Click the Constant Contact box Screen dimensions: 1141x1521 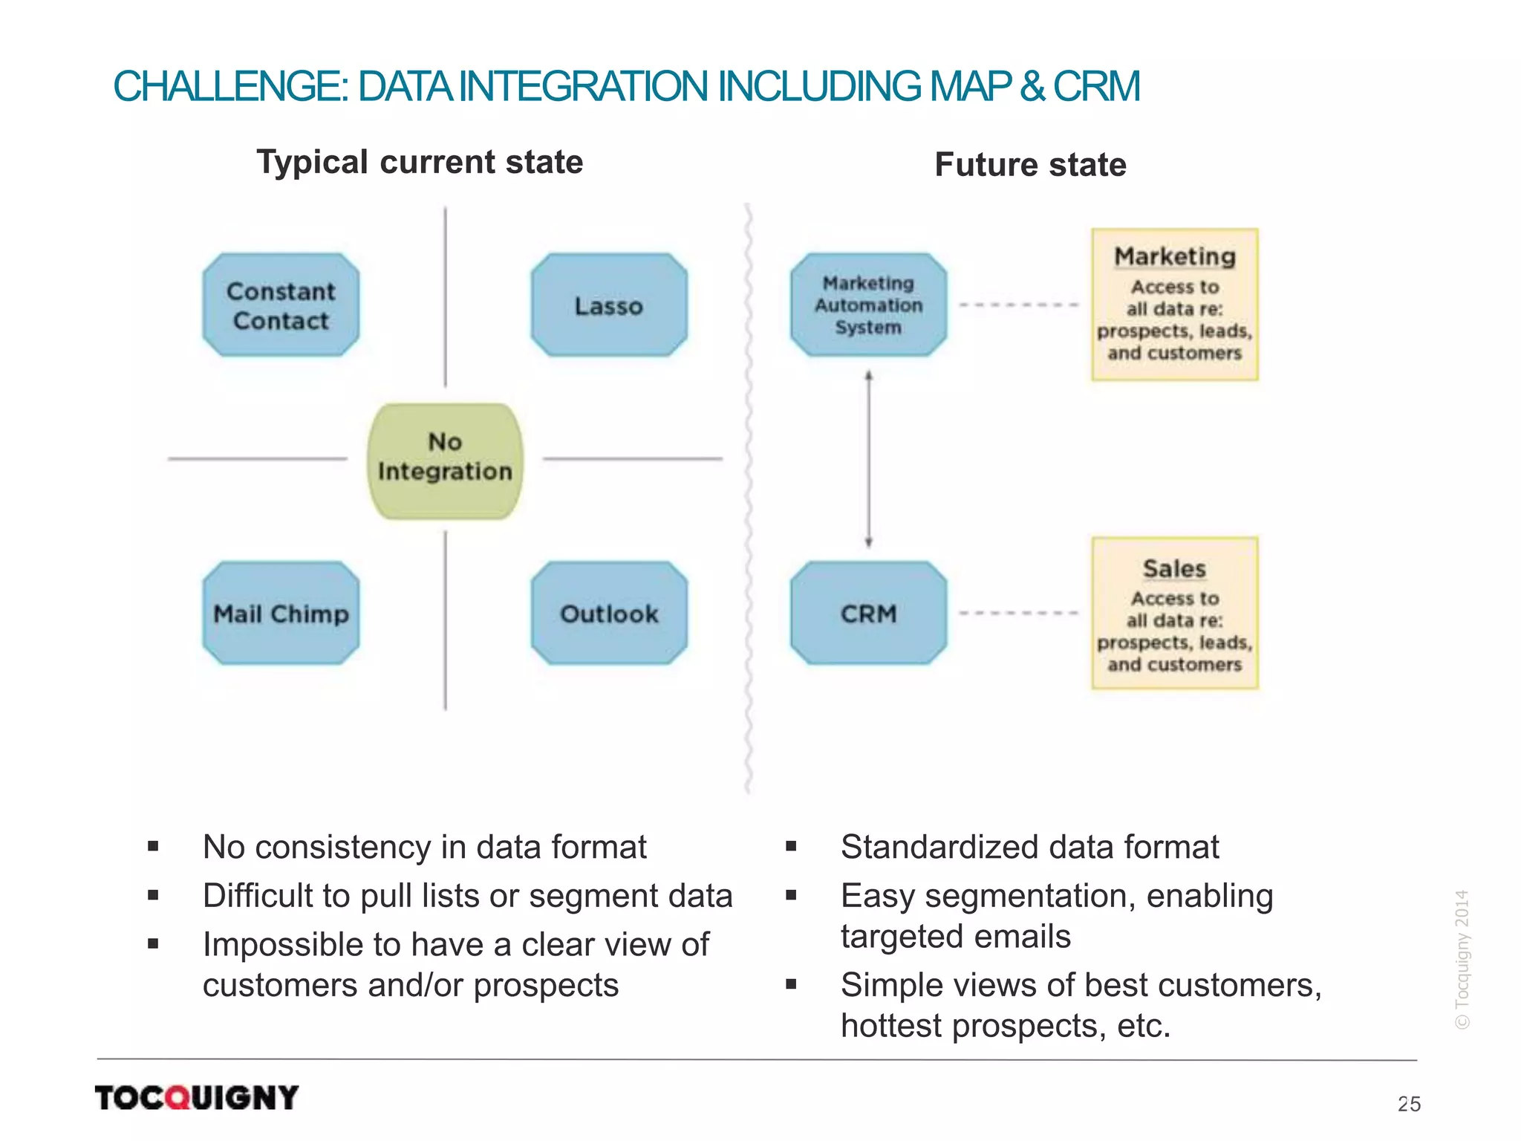(x=281, y=305)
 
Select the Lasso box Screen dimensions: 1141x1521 (x=609, y=305)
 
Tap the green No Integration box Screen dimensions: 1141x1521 (x=445, y=461)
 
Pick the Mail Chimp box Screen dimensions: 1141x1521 (x=281, y=614)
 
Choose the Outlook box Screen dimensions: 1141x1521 (x=609, y=614)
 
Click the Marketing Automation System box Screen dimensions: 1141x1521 (x=868, y=305)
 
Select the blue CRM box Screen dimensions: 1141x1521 (x=868, y=614)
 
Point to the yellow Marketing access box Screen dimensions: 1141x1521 (x=1174, y=305)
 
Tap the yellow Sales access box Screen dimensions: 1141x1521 (x=1174, y=614)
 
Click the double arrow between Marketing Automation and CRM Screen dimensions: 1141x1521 (x=869, y=459)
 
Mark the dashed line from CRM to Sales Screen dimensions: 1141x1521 (x=1018, y=614)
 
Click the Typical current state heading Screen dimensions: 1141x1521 (x=420, y=162)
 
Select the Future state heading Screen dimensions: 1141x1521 (x=1030, y=165)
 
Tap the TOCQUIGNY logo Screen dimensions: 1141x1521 (x=197, y=1097)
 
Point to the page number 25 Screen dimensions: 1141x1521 (x=1409, y=1104)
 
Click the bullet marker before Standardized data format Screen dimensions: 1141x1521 (x=791, y=846)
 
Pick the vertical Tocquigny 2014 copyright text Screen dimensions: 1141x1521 (x=1462, y=959)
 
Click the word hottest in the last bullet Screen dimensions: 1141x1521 (x=891, y=1026)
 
